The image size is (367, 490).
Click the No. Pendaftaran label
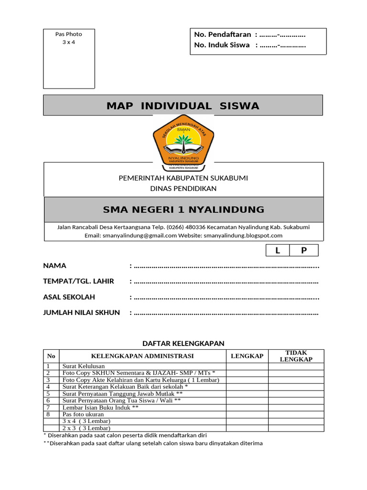(223, 34)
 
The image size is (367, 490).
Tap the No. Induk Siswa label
(222, 45)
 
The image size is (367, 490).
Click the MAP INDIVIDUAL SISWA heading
(183, 106)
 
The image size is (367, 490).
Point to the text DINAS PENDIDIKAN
(183, 189)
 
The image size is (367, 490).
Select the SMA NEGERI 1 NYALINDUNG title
(183, 210)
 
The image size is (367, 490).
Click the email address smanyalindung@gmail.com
(139, 235)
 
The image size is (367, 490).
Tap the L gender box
(278, 251)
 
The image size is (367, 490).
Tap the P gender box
(304, 251)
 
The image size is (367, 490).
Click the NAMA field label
(55, 266)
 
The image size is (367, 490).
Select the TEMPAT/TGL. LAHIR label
(78, 281)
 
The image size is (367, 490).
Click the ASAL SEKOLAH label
(69, 297)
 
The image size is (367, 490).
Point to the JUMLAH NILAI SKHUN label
(81, 312)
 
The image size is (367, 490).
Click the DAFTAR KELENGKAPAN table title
(183, 343)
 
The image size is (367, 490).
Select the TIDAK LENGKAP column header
(296, 356)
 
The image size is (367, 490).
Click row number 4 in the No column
(48, 386)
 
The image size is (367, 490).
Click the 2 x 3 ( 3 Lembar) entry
(86, 428)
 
